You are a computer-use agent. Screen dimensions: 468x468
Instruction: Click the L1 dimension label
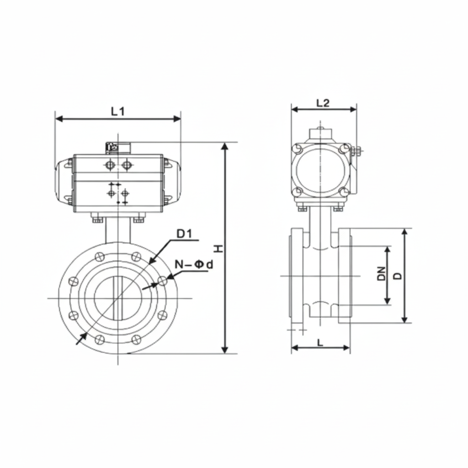[x=117, y=111]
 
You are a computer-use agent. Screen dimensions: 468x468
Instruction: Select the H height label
[x=219, y=248]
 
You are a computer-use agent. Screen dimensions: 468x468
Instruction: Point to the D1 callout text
[x=184, y=234]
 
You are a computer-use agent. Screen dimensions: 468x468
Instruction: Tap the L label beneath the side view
[x=320, y=342]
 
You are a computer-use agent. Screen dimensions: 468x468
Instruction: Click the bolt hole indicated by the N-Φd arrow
[x=162, y=281]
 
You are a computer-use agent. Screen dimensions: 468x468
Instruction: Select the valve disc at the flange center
[x=117, y=298]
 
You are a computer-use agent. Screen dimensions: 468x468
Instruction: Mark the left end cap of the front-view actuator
[x=64, y=181]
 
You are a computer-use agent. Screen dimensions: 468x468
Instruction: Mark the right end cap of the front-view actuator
[x=172, y=181]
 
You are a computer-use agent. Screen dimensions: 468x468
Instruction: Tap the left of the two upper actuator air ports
[x=110, y=165]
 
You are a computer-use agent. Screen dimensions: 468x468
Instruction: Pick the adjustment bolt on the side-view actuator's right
[x=357, y=150]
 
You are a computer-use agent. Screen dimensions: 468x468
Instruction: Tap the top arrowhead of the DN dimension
[x=388, y=250]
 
